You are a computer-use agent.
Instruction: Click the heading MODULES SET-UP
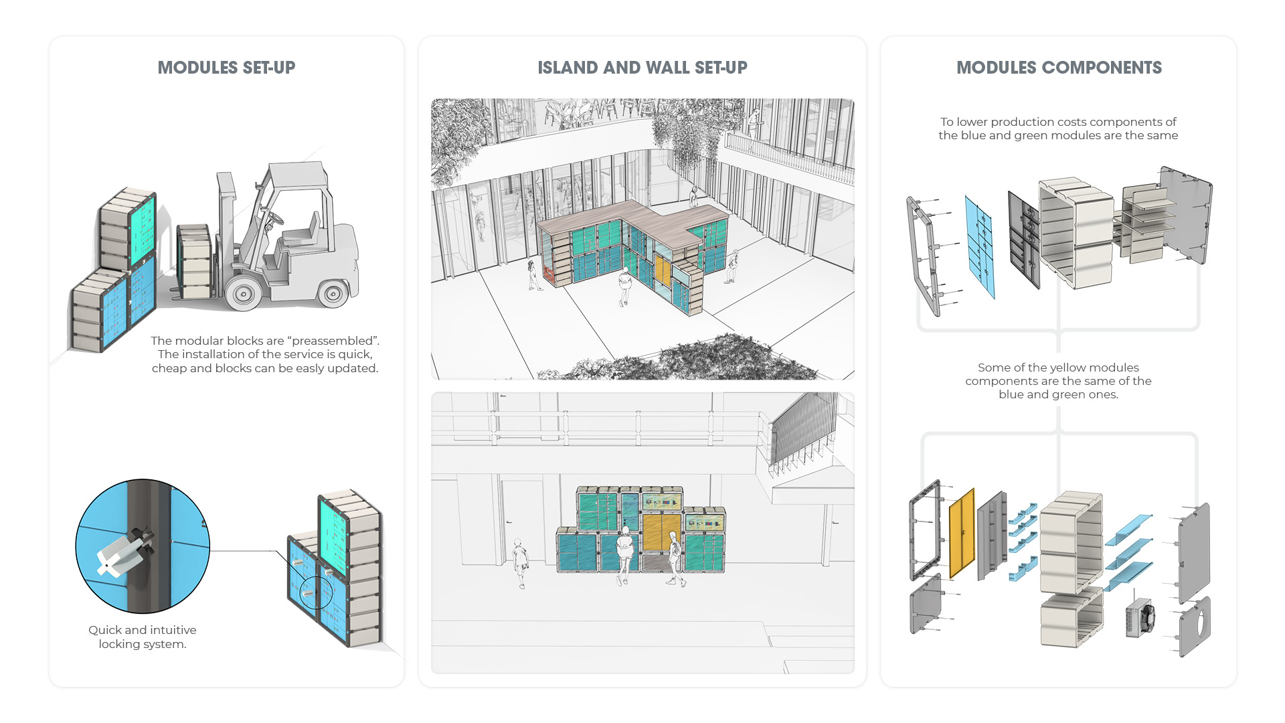click(x=226, y=68)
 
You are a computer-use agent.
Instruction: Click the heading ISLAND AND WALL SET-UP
click(x=642, y=68)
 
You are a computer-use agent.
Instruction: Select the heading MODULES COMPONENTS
click(x=1059, y=68)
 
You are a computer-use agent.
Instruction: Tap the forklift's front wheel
click(x=242, y=293)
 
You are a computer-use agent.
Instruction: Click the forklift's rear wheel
click(x=333, y=293)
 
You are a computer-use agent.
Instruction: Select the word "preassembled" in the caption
click(x=332, y=341)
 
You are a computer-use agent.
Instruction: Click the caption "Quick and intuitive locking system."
click(x=143, y=637)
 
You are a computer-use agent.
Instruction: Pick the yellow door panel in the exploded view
click(x=962, y=534)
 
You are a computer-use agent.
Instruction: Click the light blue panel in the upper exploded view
click(x=980, y=246)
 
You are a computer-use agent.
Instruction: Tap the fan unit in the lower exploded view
click(x=1140, y=618)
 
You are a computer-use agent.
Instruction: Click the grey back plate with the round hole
click(x=1195, y=625)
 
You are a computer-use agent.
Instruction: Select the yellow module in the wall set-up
click(x=662, y=532)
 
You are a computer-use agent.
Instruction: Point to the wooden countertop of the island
click(x=642, y=219)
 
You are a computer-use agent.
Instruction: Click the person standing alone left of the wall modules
click(x=520, y=561)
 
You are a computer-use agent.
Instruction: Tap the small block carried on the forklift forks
click(x=195, y=261)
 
